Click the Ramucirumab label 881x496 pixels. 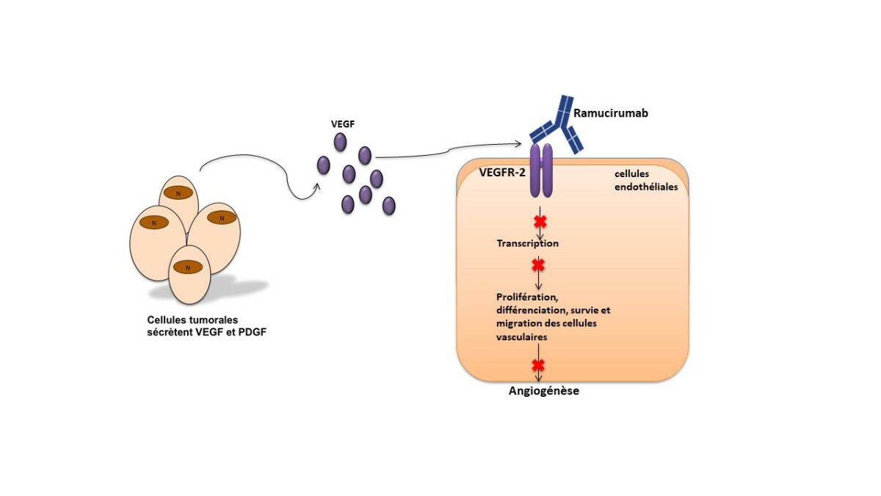coord(611,114)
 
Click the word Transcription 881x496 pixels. coord(527,243)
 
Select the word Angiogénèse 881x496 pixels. coord(544,391)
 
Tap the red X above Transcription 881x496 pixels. coord(540,221)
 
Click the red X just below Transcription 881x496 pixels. coord(538,264)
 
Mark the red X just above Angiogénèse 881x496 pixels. coord(538,364)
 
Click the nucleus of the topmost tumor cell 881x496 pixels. coord(179,193)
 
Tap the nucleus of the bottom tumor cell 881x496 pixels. coord(188,267)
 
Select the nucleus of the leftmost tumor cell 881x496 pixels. coord(154,222)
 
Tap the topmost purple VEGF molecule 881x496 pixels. coord(341,141)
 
